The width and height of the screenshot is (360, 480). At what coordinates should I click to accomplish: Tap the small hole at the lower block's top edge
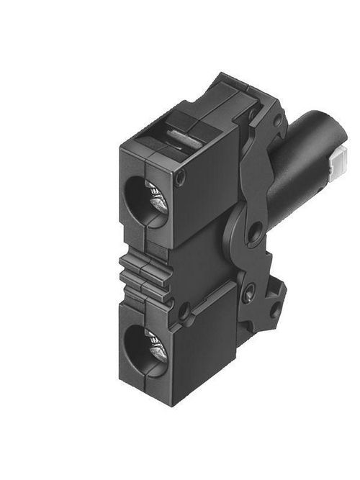pyautogui.click(x=184, y=312)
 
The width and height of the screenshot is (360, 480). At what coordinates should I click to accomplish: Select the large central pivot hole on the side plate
pyautogui.click(x=253, y=232)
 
